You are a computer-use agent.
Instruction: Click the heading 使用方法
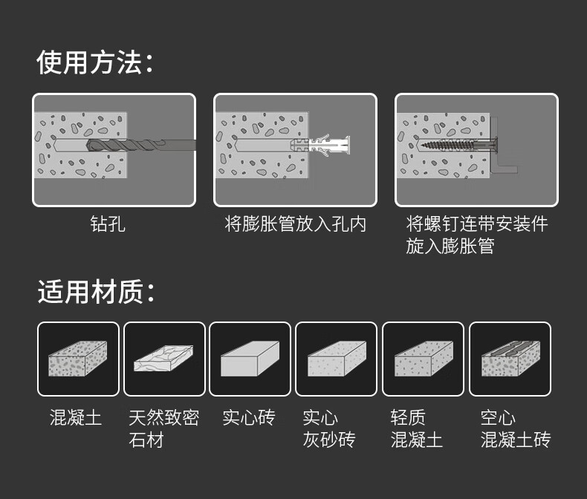click(x=95, y=63)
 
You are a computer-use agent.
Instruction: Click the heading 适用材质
click(x=95, y=292)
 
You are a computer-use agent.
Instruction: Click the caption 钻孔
click(x=108, y=224)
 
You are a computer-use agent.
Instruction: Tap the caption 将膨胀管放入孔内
click(x=295, y=224)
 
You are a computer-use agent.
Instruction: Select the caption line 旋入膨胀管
click(x=450, y=246)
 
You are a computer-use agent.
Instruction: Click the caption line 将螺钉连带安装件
click(x=476, y=224)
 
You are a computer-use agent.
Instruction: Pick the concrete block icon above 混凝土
click(x=78, y=359)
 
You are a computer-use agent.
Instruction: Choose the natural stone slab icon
click(x=163, y=359)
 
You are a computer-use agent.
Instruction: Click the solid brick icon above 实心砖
click(x=250, y=359)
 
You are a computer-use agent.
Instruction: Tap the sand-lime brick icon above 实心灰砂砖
click(x=336, y=359)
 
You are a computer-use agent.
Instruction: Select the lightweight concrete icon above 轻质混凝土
click(x=422, y=359)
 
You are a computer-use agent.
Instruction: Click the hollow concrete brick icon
click(x=509, y=359)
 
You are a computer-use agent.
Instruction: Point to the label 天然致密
click(x=163, y=417)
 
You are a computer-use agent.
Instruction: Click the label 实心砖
click(x=248, y=417)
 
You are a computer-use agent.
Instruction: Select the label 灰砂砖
click(x=328, y=440)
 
